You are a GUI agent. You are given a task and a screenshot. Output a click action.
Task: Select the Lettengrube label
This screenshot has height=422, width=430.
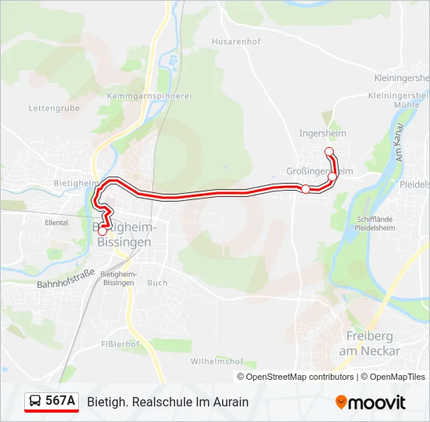click(x=54, y=108)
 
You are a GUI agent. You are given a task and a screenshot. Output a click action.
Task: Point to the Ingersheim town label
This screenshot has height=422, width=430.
click(x=322, y=133)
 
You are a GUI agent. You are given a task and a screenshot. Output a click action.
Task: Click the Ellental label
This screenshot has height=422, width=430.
click(x=56, y=223)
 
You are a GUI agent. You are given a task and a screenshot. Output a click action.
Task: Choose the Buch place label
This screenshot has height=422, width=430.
click(x=157, y=283)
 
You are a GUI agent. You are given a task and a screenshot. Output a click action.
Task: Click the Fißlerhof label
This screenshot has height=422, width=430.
click(x=121, y=344)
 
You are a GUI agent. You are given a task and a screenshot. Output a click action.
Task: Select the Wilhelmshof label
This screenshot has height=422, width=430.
click(x=217, y=362)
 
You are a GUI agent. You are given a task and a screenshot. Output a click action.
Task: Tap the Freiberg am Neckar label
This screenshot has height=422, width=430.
click(x=369, y=343)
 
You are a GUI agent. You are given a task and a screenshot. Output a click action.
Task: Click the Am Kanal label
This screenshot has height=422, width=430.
click(x=400, y=143)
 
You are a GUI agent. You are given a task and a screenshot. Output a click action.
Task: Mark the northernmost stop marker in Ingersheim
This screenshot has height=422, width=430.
click(x=328, y=151)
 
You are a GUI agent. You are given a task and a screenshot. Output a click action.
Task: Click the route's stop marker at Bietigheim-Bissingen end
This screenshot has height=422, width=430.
click(x=102, y=231)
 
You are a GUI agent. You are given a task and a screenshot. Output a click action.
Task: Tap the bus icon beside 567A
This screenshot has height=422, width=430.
click(x=35, y=402)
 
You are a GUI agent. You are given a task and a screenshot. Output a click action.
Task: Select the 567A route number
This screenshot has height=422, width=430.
click(x=60, y=402)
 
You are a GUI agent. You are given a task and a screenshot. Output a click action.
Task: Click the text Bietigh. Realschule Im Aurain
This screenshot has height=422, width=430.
click(x=168, y=402)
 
